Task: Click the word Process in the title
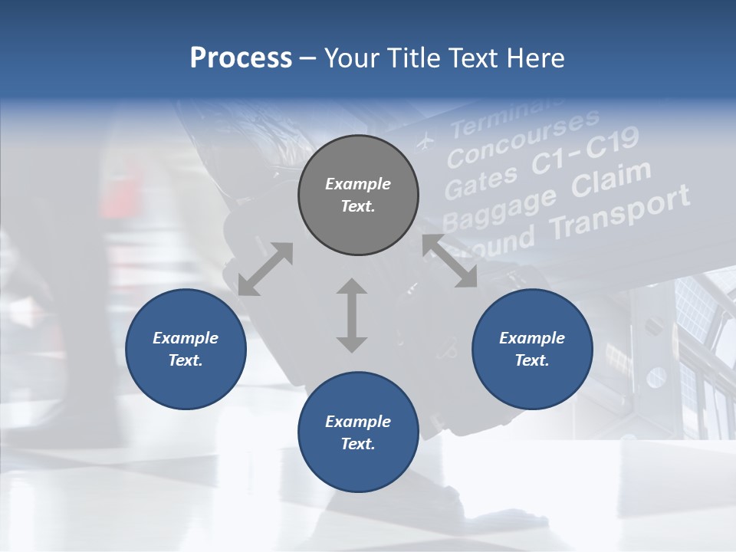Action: [x=241, y=58]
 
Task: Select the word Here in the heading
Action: [x=534, y=58]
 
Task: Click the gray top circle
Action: [x=358, y=195]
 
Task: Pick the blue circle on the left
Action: [x=186, y=349]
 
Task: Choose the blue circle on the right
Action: [x=532, y=349]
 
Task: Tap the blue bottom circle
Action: [x=358, y=432]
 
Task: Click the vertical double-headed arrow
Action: [x=352, y=315]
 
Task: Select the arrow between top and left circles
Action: [x=265, y=268]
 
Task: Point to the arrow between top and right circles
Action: [x=450, y=261]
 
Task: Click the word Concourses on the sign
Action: [x=523, y=137]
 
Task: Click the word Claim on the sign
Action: [x=611, y=179]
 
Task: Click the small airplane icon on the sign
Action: [x=425, y=142]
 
